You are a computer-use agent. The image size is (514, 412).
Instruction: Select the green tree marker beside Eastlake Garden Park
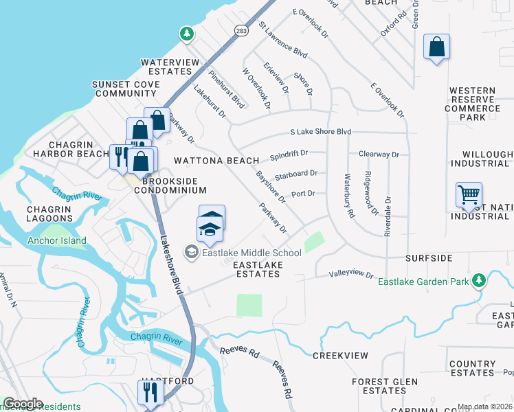[x=480, y=280]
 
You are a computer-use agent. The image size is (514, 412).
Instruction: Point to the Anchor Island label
[x=57, y=241]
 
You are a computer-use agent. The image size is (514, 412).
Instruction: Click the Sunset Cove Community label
[x=126, y=89]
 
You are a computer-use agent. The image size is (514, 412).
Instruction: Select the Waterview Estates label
[x=166, y=67]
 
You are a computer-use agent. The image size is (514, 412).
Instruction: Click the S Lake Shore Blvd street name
[x=320, y=132]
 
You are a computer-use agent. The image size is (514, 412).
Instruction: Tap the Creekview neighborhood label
[x=340, y=356]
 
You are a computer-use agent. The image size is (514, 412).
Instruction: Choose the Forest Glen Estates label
[x=385, y=386]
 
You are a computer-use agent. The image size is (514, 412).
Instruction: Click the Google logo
[x=22, y=404]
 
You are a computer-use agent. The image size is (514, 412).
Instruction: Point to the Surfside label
[x=429, y=258]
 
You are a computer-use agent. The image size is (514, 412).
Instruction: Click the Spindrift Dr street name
[x=289, y=154]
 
